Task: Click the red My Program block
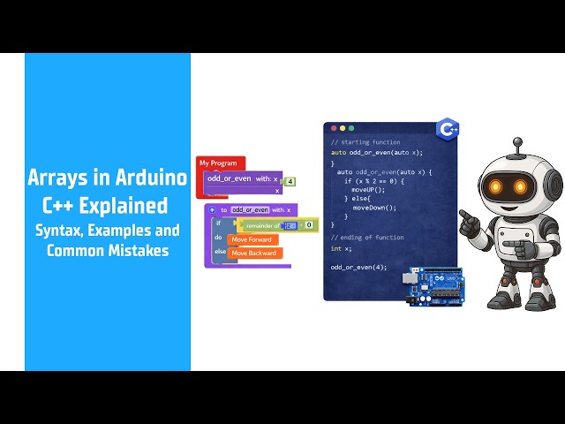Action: [x=220, y=163]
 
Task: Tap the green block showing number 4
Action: [x=290, y=181]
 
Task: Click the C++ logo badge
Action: [x=448, y=129]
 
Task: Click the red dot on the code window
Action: [x=334, y=129]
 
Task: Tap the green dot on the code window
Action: [x=351, y=129]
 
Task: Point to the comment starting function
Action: [x=365, y=142]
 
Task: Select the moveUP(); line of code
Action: [x=368, y=190]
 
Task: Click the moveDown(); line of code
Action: [x=374, y=208]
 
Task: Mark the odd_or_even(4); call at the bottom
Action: [x=358, y=267]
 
